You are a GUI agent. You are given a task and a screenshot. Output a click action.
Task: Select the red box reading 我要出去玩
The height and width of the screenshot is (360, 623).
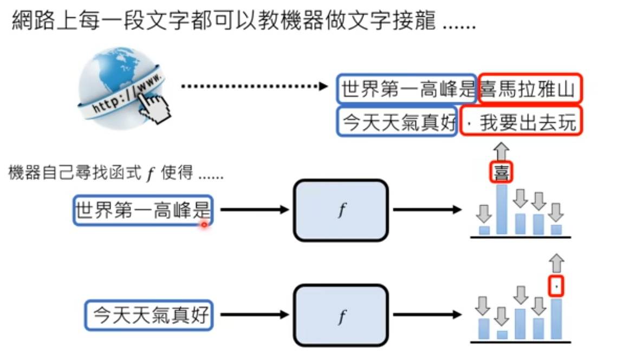click(521, 122)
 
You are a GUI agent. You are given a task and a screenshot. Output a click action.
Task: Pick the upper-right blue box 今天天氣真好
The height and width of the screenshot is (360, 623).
click(397, 122)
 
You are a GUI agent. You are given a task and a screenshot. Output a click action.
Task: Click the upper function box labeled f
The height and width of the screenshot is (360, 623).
click(341, 210)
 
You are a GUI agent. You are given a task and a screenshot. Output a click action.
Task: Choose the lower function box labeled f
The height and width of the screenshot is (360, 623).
click(341, 315)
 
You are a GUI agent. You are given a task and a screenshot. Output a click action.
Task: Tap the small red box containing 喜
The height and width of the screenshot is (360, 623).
click(501, 173)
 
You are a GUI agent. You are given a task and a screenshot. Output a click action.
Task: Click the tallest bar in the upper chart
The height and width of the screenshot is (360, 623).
click(502, 210)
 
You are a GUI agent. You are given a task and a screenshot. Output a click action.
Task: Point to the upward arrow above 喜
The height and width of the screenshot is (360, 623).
click(502, 151)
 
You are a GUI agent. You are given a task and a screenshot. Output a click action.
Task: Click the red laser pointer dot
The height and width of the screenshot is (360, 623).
click(204, 224)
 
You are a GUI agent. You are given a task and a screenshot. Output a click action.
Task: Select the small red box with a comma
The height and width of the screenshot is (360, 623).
click(556, 286)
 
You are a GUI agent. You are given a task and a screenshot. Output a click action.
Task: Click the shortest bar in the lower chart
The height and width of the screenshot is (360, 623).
click(502, 335)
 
